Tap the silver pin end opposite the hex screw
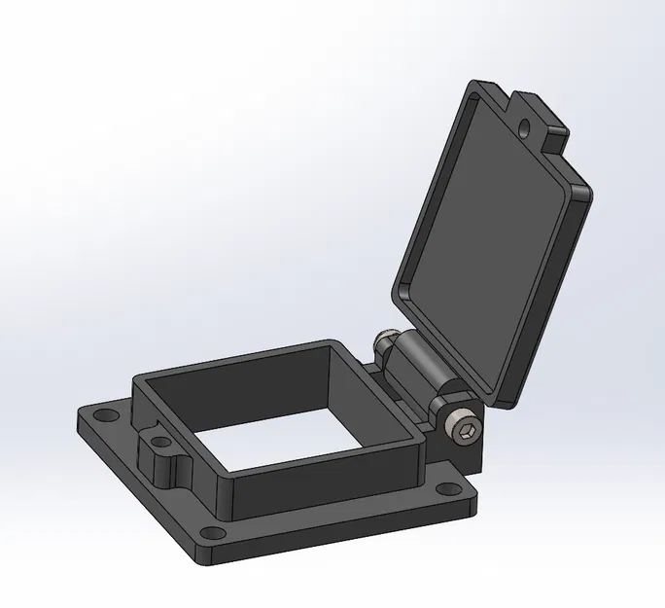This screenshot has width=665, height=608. [x=385, y=343]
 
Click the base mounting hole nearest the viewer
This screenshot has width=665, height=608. [x=209, y=533]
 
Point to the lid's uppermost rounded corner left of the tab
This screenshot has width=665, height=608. [x=476, y=88]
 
